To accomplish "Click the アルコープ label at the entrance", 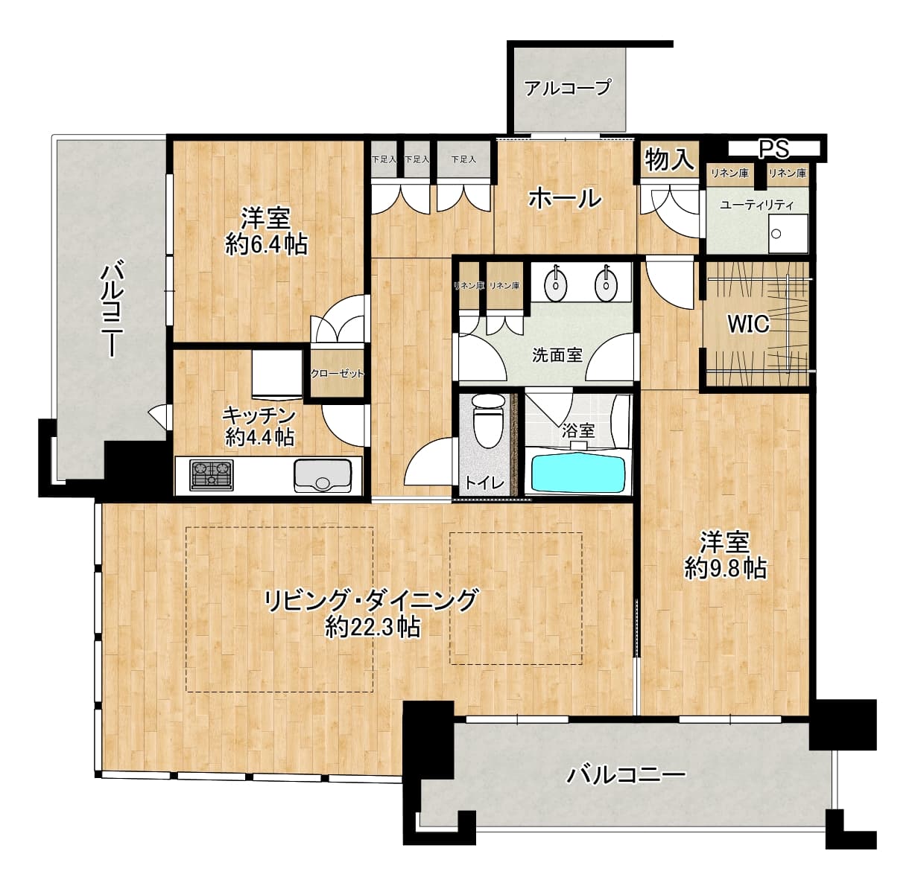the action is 568,87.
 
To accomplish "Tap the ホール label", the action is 565,198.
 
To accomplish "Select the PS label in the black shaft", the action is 774,150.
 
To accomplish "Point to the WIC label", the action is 748,324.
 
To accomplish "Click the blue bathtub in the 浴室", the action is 578,474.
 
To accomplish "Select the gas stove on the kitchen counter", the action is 211,475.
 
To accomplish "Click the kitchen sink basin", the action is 323,476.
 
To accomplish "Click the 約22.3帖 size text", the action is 373,626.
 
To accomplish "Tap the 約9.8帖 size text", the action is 726,568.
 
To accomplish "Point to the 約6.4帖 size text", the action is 267,244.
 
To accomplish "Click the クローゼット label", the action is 337,374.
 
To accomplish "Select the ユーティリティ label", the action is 756,205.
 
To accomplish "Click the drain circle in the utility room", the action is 776,234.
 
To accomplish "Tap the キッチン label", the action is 259,415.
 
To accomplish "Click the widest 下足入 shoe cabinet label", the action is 463,159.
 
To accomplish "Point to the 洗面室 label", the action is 557,355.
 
